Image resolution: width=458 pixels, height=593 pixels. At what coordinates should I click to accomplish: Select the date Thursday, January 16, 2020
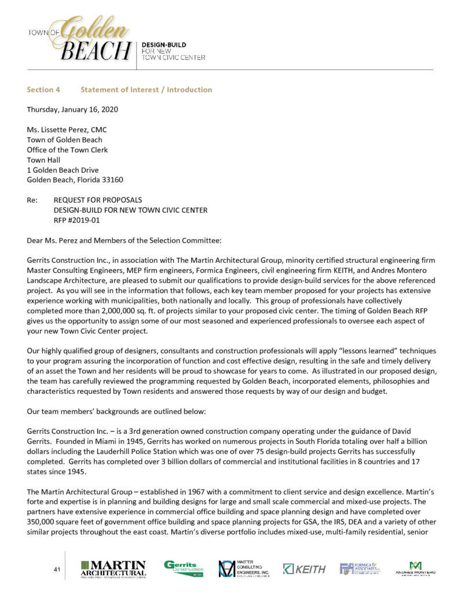[75, 109]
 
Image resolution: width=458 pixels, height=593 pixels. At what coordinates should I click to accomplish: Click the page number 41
[57, 570]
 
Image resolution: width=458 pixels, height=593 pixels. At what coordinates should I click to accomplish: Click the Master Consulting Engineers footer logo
[244, 569]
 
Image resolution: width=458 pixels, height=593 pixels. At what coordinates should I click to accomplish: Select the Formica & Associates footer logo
[360, 569]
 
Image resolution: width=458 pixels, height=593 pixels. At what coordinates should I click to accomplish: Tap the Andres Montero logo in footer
[415, 569]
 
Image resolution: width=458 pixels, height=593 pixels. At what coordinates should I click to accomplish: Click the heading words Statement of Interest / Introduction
[146, 90]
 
